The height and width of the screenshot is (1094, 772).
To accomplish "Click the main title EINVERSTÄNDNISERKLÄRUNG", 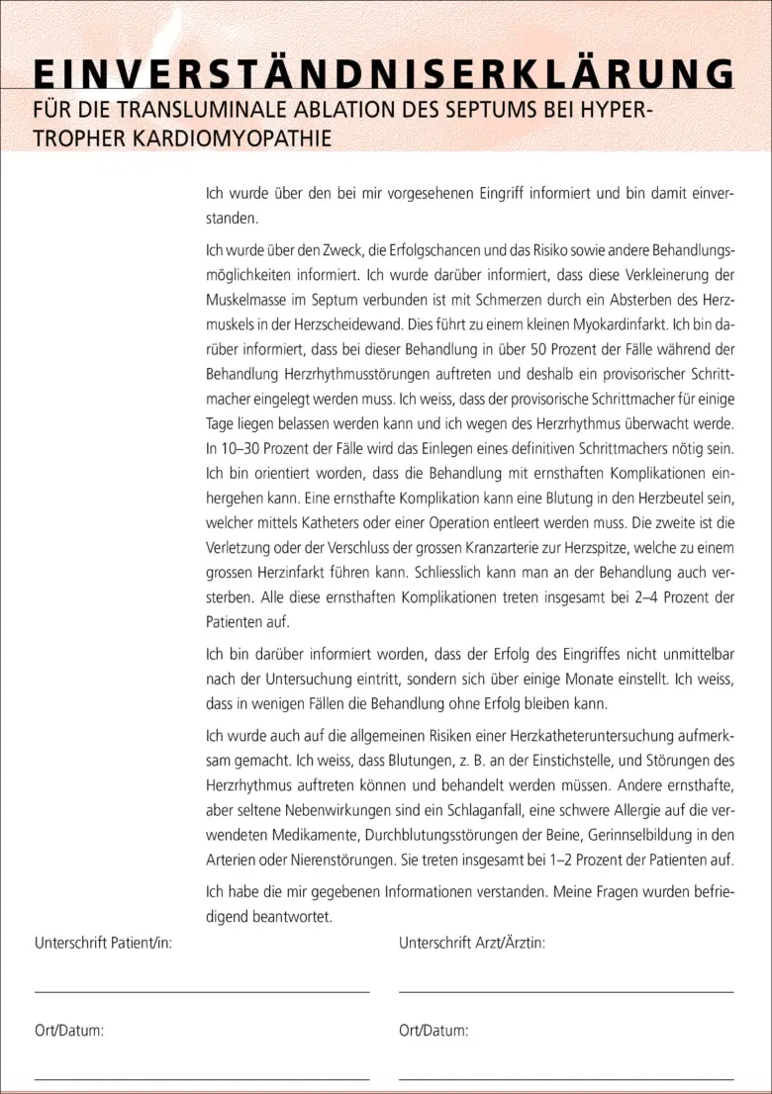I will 384,74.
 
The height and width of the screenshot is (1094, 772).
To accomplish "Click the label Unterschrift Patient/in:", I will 103,944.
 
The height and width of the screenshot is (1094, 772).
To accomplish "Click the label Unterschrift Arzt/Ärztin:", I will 472,944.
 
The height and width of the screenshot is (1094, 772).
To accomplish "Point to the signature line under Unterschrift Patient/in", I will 202,990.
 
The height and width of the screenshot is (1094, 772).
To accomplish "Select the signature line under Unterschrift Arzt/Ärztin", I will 566,990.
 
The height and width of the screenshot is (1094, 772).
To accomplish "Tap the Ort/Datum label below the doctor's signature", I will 434,1031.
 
